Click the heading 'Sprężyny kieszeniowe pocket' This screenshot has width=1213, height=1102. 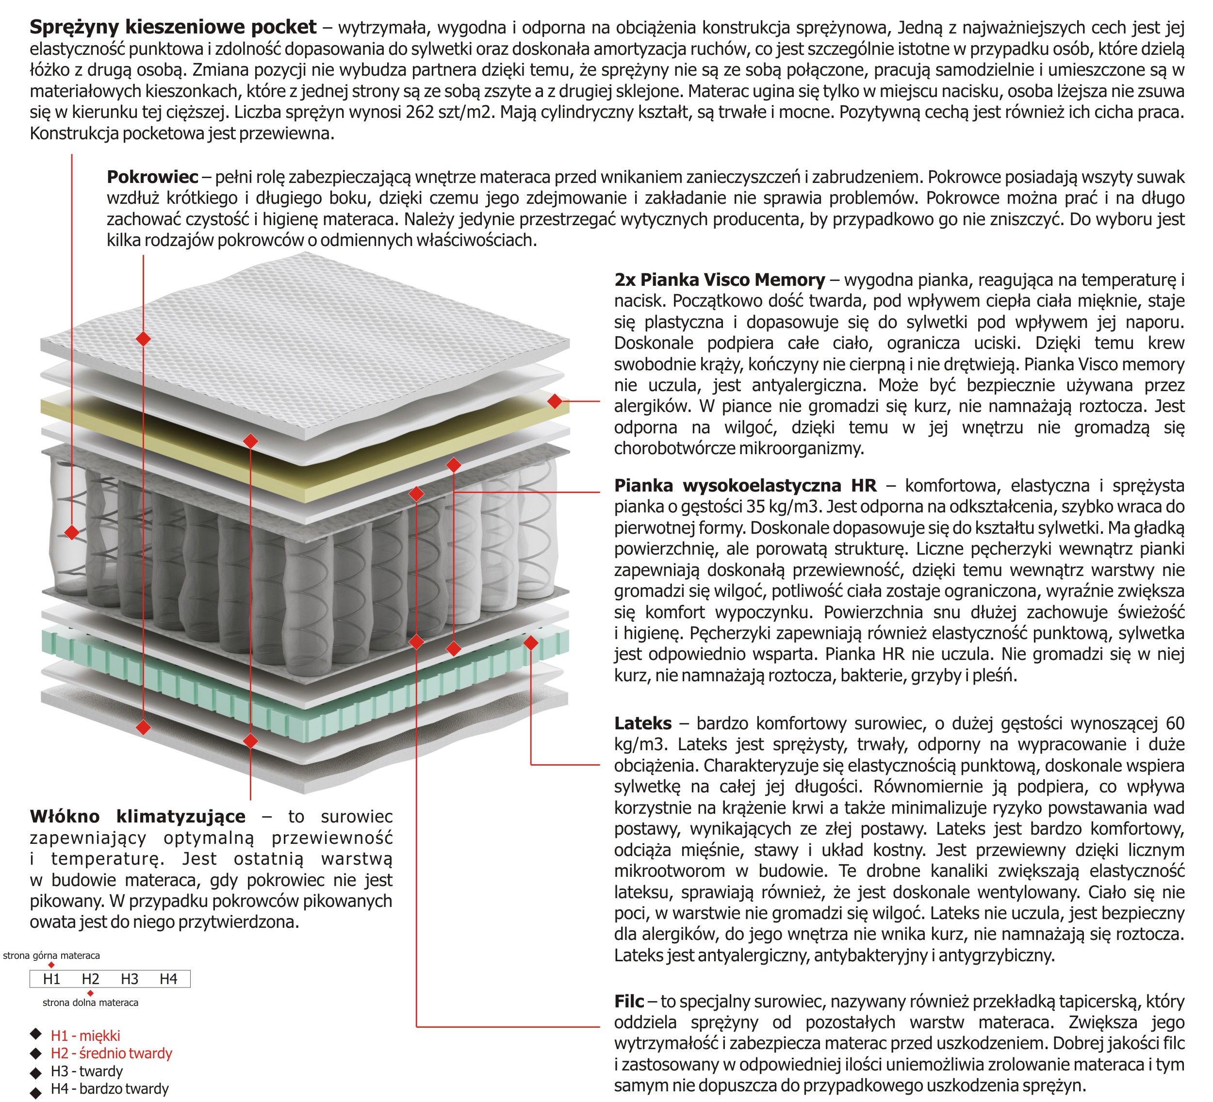(173, 27)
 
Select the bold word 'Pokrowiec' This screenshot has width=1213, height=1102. (152, 177)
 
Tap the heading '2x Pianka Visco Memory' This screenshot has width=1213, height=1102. (719, 280)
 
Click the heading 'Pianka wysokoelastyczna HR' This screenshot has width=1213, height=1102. (745, 485)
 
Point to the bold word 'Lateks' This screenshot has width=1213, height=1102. (642, 723)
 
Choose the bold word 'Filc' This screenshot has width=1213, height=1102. (629, 1001)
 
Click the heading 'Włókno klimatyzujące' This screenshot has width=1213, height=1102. (138, 816)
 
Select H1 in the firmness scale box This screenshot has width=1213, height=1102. (52, 979)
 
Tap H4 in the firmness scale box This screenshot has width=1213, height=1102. (168, 979)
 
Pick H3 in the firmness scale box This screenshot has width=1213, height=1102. (130, 979)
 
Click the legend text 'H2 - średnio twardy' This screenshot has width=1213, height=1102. (111, 1053)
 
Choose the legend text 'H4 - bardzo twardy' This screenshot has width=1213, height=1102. (110, 1089)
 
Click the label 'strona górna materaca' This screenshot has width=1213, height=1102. (52, 956)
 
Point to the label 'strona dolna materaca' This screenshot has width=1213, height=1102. (90, 1003)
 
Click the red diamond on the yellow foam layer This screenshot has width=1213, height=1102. (555, 401)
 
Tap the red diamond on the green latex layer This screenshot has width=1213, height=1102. (531, 643)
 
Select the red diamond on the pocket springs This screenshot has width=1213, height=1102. (72, 533)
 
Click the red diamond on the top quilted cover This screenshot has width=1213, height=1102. (143, 339)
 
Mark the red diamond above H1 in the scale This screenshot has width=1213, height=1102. (52, 965)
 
